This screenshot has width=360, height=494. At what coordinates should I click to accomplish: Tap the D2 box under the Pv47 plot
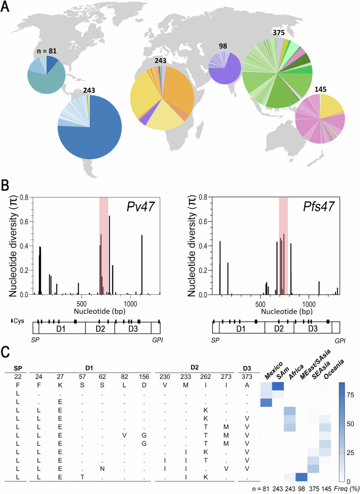click(103, 328)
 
